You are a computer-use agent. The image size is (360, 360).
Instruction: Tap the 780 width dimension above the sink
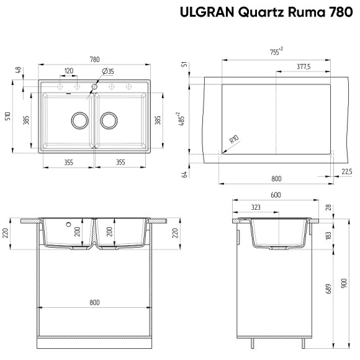[x=95, y=60]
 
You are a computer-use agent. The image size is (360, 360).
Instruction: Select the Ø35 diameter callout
[x=107, y=72]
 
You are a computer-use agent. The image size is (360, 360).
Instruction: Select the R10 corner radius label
[x=234, y=140]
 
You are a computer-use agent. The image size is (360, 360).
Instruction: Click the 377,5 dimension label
[x=304, y=66]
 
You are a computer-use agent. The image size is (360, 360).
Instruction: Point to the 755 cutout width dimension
[x=276, y=52]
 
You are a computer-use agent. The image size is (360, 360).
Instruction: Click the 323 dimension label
[x=255, y=207]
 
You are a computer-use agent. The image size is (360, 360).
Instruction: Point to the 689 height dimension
[x=328, y=289]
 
